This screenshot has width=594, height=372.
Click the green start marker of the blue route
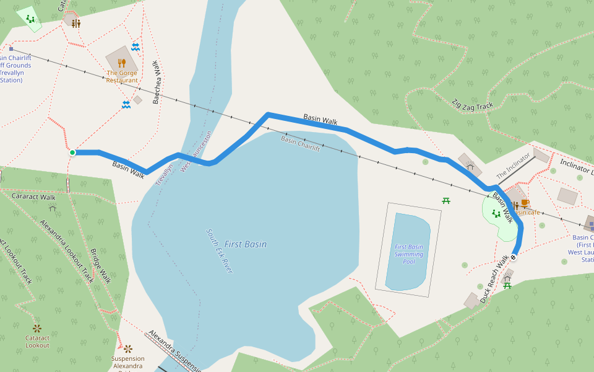click(x=72, y=152)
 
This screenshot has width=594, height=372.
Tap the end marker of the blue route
click(x=513, y=257)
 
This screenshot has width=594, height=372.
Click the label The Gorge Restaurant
click(x=122, y=77)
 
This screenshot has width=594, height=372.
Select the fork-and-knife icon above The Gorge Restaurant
click(x=122, y=63)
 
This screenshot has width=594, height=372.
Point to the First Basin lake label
click(x=246, y=244)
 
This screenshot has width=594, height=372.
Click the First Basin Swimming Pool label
click(x=409, y=254)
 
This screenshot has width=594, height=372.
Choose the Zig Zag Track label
click(x=472, y=105)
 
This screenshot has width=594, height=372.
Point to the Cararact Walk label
click(x=34, y=197)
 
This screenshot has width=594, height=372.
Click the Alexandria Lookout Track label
click(x=67, y=251)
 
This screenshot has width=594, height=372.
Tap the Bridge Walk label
click(x=100, y=266)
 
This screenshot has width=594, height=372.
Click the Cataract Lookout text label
click(x=37, y=342)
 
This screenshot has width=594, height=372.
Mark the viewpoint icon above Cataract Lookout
click(x=37, y=327)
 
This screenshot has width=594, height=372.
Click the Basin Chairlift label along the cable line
click(x=300, y=144)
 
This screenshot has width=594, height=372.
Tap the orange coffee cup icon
click(x=524, y=203)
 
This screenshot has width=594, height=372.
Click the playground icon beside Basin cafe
click(x=496, y=214)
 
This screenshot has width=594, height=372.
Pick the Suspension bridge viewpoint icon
click(x=128, y=349)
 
